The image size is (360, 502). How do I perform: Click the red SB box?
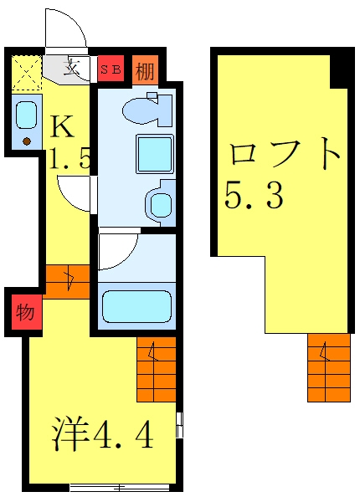(111, 69)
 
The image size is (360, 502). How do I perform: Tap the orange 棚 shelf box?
(146, 70)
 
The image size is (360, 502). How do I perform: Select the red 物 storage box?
(27, 312)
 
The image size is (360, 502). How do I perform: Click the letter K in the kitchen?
(63, 127)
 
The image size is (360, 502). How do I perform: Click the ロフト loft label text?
(284, 154)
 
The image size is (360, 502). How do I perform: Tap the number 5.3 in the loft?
(254, 195)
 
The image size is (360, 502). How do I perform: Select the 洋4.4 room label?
(102, 433)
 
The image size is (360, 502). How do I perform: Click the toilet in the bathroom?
(148, 108)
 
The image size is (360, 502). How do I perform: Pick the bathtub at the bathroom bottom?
(136, 306)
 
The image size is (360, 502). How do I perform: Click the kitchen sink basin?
(27, 115)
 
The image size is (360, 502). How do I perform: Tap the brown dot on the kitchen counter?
(27, 141)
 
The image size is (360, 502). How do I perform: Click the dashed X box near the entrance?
(27, 73)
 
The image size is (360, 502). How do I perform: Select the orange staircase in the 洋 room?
(157, 369)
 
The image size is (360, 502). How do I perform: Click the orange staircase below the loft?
(329, 367)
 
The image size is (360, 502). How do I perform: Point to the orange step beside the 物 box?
(67, 282)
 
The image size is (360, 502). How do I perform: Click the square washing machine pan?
(155, 154)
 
